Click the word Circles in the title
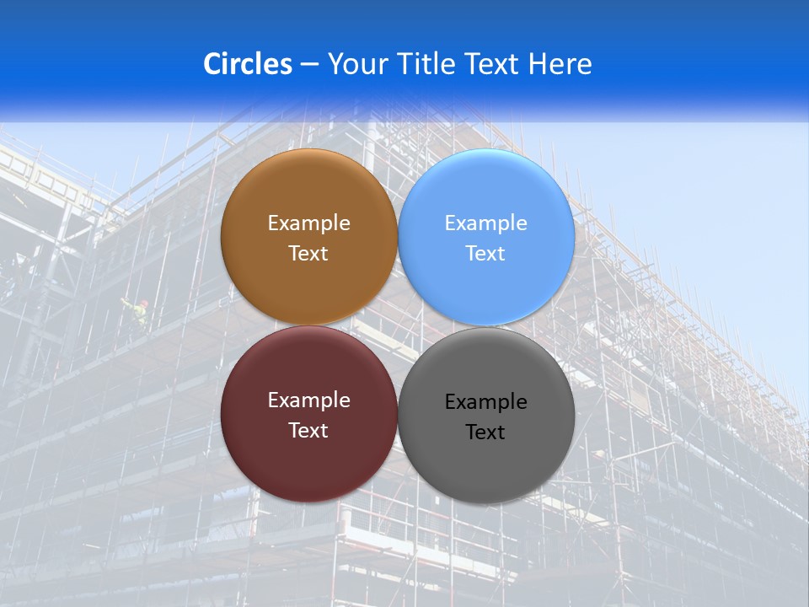(x=248, y=64)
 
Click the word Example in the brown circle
(x=308, y=223)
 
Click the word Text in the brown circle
(x=308, y=254)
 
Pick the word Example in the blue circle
(x=486, y=223)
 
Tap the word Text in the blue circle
(x=486, y=254)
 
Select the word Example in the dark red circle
(x=308, y=400)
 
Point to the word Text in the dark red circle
(x=308, y=431)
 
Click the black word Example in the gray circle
(x=486, y=402)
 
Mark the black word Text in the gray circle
(x=486, y=432)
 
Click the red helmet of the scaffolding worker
(x=143, y=302)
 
